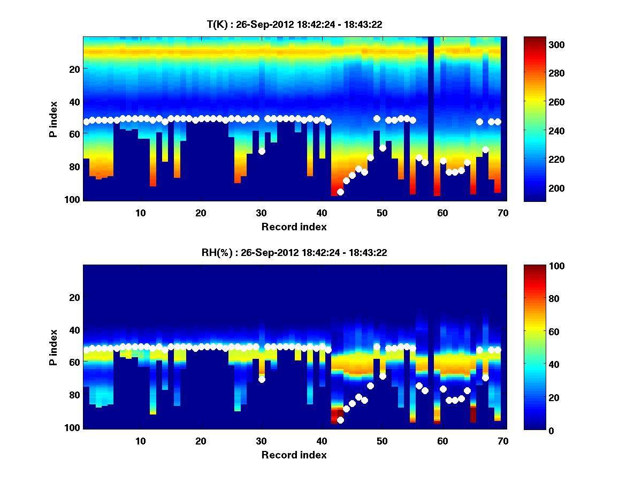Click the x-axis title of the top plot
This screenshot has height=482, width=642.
tap(294, 227)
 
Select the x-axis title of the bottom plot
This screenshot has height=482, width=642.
tap(294, 455)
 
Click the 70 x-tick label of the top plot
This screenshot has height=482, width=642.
tap(503, 213)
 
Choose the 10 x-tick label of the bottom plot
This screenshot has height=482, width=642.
tap(140, 441)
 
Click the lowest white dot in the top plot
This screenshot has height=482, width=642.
tap(340, 192)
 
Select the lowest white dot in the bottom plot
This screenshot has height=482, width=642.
tap(340, 420)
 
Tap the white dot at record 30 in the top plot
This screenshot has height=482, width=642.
tap(262, 151)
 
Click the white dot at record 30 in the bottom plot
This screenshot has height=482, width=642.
tap(262, 379)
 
